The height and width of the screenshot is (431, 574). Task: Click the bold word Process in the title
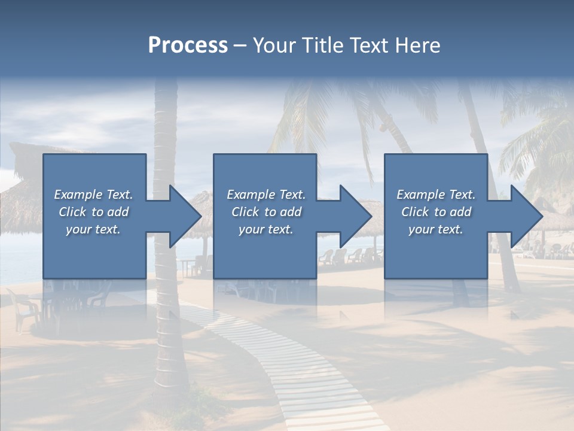(188, 45)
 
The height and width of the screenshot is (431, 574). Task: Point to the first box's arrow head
(183, 216)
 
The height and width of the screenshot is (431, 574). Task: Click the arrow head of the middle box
(353, 216)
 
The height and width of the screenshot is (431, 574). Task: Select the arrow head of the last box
(524, 216)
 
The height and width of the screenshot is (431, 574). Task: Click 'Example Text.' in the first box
(93, 195)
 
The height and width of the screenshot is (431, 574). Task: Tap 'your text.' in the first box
(93, 229)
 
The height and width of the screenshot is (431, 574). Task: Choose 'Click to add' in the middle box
(266, 212)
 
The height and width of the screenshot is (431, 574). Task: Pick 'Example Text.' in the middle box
(266, 195)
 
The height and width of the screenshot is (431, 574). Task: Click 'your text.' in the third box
(436, 229)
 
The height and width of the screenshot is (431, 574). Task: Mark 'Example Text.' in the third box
(436, 195)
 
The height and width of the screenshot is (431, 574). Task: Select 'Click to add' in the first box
(93, 212)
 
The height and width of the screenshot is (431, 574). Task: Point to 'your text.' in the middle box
(266, 229)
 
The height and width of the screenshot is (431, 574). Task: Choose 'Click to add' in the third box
(436, 212)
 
